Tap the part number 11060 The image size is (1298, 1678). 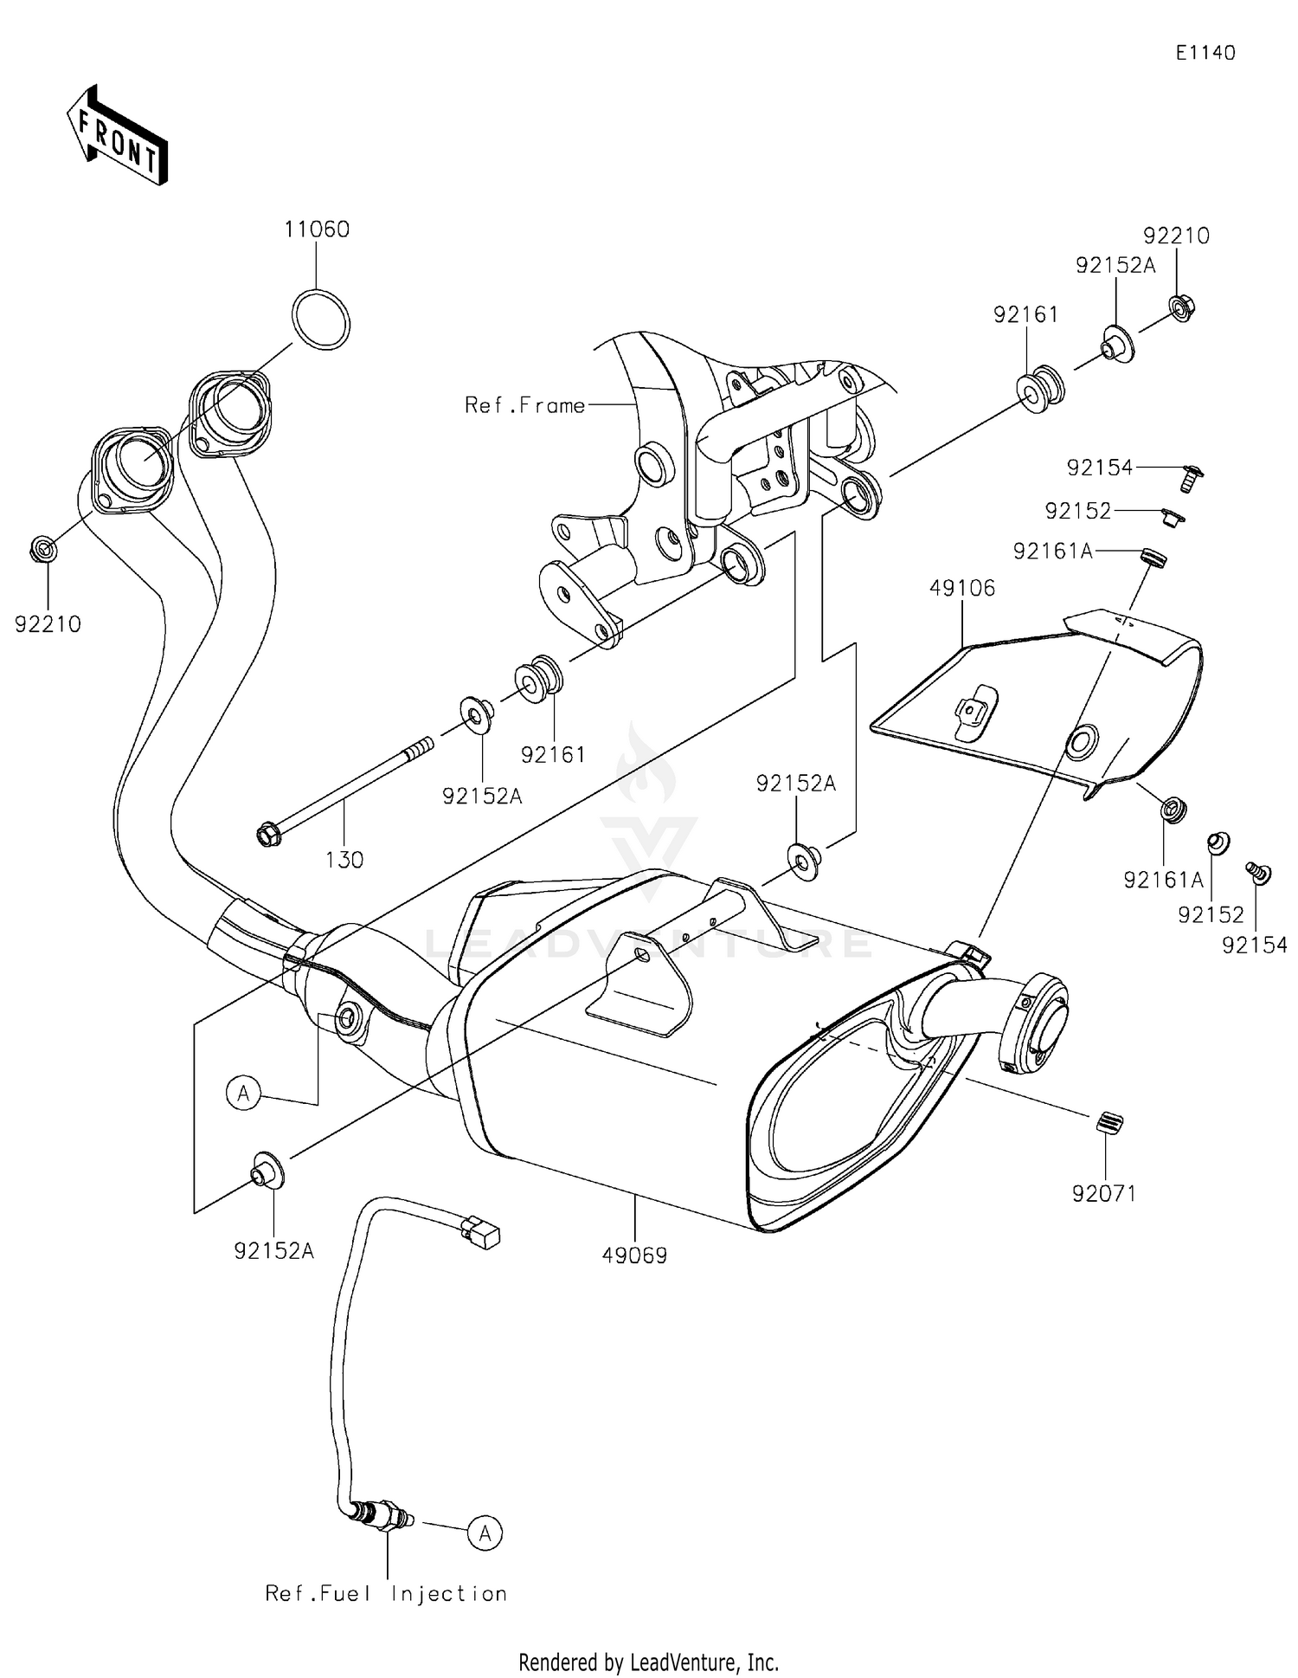click(x=317, y=229)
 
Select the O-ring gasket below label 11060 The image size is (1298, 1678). click(x=321, y=319)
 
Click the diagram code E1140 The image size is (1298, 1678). click(x=1205, y=53)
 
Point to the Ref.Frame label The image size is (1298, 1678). click(x=524, y=405)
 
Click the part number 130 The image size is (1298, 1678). click(x=344, y=860)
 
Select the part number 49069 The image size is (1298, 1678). click(x=635, y=1255)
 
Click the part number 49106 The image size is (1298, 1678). click(x=962, y=588)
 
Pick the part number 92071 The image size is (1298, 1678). click(x=1104, y=1193)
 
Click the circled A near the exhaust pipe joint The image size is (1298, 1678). click(x=244, y=1094)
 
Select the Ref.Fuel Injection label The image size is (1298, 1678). click(x=386, y=1593)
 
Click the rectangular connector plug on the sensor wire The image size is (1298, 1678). click(x=481, y=1231)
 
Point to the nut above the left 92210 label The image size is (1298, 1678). click(x=43, y=548)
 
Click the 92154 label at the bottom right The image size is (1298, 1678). click(x=1255, y=945)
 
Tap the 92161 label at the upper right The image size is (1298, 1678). click(x=1026, y=314)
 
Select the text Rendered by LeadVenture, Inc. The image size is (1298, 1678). click(x=649, y=1662)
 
